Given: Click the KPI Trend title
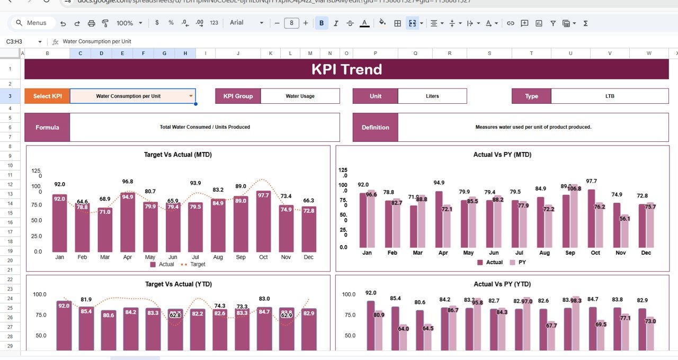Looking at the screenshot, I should (346, 69).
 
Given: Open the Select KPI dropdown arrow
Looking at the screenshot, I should (191, 96).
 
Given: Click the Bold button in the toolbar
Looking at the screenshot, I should (321, 23).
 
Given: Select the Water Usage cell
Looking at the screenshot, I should (300, 96).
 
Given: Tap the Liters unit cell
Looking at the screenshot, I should (432, 96).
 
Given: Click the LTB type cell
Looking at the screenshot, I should (610, 96).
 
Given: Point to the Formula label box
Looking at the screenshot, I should (47, 127).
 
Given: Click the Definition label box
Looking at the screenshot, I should (375, 127).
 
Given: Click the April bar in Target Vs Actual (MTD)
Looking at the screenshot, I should (128, 222).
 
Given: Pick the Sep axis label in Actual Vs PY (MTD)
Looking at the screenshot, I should (570, 253).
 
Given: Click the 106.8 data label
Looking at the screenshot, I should (574, 188).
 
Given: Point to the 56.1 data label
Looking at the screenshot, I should (625, 218).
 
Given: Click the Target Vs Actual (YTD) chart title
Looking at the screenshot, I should (179, 284).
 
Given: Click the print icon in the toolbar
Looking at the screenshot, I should (91, 23).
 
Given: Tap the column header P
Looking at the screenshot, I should (375, 53).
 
